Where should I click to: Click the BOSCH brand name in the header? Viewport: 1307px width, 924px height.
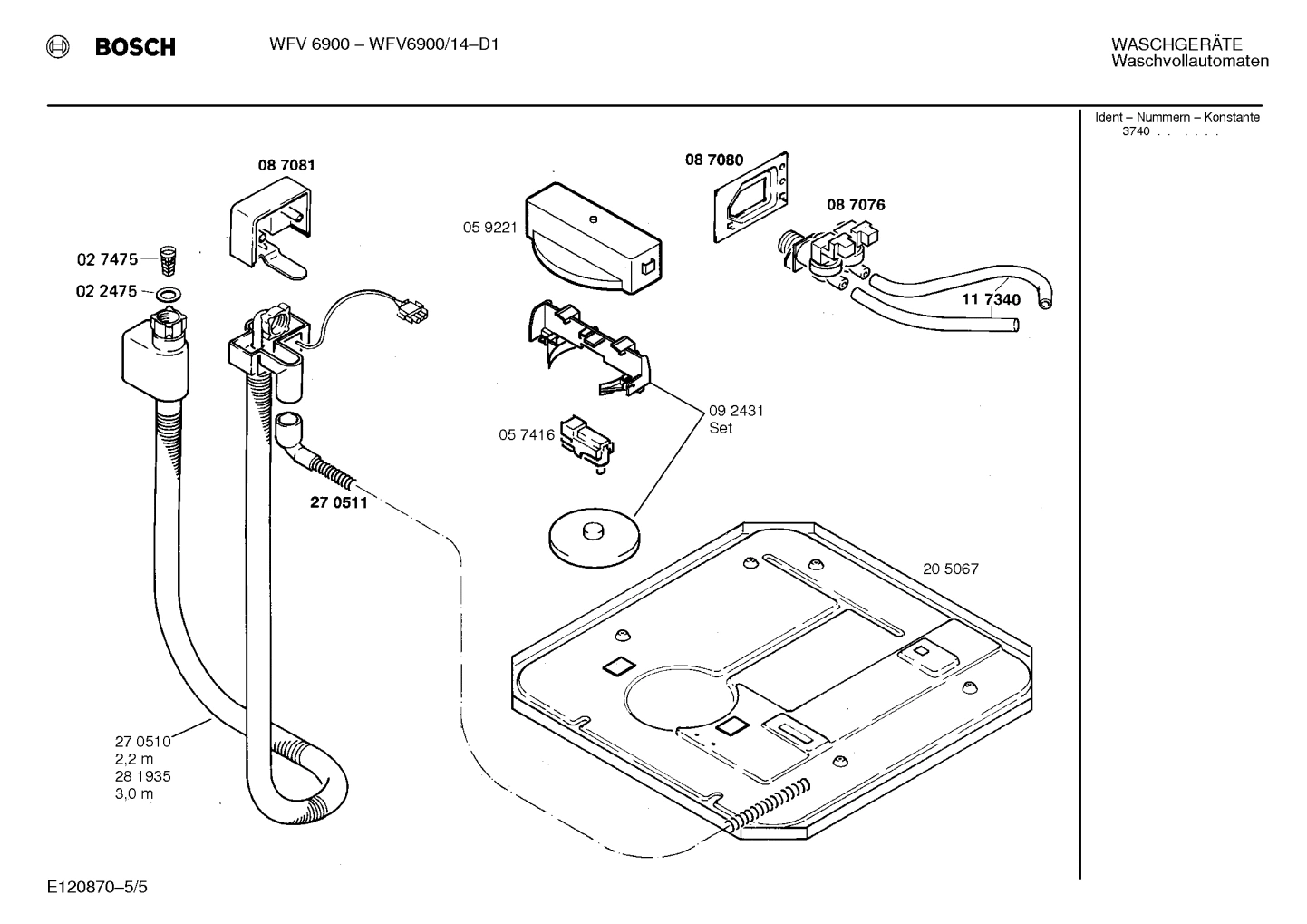135,47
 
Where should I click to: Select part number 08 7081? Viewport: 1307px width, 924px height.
286,165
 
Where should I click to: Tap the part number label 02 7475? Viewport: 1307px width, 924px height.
107,259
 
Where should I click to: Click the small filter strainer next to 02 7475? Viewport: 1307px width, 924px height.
166,260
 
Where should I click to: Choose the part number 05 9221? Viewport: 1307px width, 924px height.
489,228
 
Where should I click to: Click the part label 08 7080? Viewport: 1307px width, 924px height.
713,160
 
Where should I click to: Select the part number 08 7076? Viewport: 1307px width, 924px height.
855,205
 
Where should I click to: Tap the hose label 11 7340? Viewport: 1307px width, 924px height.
991,299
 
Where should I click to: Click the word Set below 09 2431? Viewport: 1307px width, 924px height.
721,428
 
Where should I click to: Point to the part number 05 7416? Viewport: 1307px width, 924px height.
526,435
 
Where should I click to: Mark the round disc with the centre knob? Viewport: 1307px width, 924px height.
594,537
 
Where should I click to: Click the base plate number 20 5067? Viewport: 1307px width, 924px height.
950,569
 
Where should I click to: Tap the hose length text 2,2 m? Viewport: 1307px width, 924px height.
133,759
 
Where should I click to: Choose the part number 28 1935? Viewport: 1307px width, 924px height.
142,776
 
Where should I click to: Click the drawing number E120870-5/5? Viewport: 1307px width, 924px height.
97,886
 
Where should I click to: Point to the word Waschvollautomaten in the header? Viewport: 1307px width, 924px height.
1189,62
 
